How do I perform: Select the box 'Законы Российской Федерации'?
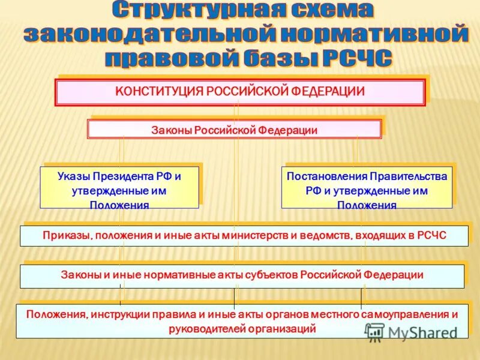[x=234, y=130]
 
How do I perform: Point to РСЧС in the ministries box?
[x=432, y=235]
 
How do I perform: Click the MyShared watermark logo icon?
[x=375, y=332]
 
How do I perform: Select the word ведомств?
[x=324, y=235]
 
